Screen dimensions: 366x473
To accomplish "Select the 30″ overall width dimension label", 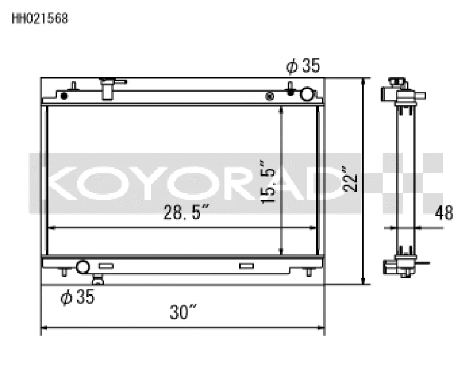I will pyautogui.click(x=183, y=312).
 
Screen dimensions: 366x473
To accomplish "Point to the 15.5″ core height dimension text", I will pyautogui.click(x=270, y=182).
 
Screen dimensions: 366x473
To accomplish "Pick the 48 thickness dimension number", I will pyautogui.click(x=443, y=213).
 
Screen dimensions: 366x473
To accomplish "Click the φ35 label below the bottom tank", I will pyautogui.click(x=77, y=297).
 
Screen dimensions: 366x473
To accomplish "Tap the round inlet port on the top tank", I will pyautogui.click(x=307, y=94).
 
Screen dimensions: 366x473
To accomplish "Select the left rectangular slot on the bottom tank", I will pyautogui.click(x=106, y=266).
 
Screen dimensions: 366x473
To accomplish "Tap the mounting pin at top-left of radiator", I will pyautogui.click(x=73, y=88).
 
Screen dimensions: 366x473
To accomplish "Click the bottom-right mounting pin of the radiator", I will pyautogui.click(x=309, y=272).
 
